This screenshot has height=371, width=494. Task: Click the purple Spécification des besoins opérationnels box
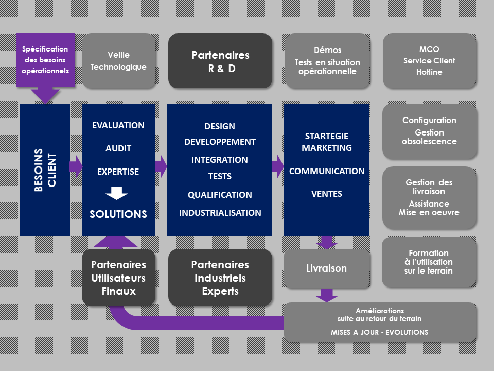[x=45, y=60]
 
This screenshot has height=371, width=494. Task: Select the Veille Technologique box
[x=118, y=61]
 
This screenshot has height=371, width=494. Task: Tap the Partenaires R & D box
[x=220, y=61]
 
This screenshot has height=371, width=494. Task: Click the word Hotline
[x=429, y=72]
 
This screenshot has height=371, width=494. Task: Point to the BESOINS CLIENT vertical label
[x=45, y=170]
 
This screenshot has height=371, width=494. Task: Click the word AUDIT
[x=118, y=148]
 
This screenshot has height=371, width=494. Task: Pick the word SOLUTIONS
[x=118, y=214]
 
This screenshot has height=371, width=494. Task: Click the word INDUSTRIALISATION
[x=220, y=213]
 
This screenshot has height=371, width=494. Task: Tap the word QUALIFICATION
[x=220, y=195]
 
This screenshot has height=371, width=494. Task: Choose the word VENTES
[x=327, y=194]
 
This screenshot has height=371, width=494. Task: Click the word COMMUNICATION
[x=327, y=171]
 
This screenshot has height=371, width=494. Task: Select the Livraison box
[x=327, y=268]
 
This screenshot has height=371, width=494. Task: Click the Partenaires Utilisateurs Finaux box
[x=118, y=278]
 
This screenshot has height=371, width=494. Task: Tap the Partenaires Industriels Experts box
[x=220, y=278]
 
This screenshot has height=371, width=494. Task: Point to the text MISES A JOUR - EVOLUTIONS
[x=380, y=332]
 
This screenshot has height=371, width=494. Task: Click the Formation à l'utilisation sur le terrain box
[x=429, y=262]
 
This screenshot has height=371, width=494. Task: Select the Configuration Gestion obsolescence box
[x=429, y=131]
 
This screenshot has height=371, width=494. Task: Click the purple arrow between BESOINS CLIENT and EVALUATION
[x=76, y=166]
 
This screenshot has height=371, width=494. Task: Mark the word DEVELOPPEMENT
[x=220, y=142]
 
